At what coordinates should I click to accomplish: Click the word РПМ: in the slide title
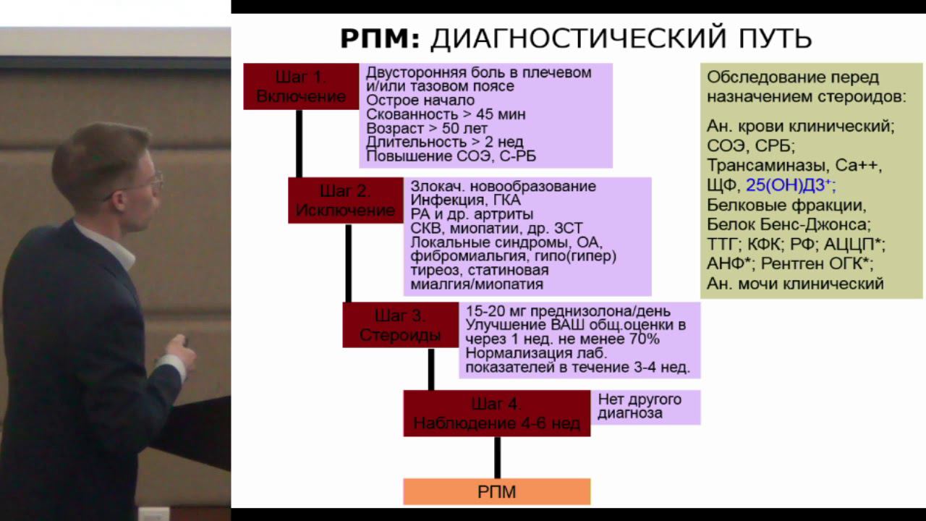pos(380,39)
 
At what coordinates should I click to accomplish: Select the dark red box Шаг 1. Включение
pos(301,86)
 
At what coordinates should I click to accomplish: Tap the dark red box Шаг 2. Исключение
pos(345,200)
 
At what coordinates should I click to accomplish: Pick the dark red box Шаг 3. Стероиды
pos(400,325)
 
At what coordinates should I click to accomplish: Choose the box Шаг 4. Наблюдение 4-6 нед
pos(496,413)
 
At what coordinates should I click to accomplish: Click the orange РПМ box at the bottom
pos(497,492)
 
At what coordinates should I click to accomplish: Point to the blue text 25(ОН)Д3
pos(789,185)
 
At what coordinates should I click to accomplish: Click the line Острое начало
pos(420,101)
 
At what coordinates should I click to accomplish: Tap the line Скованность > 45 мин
pos(446,114)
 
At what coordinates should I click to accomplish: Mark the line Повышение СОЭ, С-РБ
pos(451,156)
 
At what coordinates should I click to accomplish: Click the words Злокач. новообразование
pos(504,186)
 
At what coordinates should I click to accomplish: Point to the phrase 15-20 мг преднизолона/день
pos(563,310)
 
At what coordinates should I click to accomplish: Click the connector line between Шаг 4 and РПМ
pos(497,457)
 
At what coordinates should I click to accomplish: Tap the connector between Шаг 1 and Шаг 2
pos(299,143)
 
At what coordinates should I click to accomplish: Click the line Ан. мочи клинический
pos(795,284)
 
